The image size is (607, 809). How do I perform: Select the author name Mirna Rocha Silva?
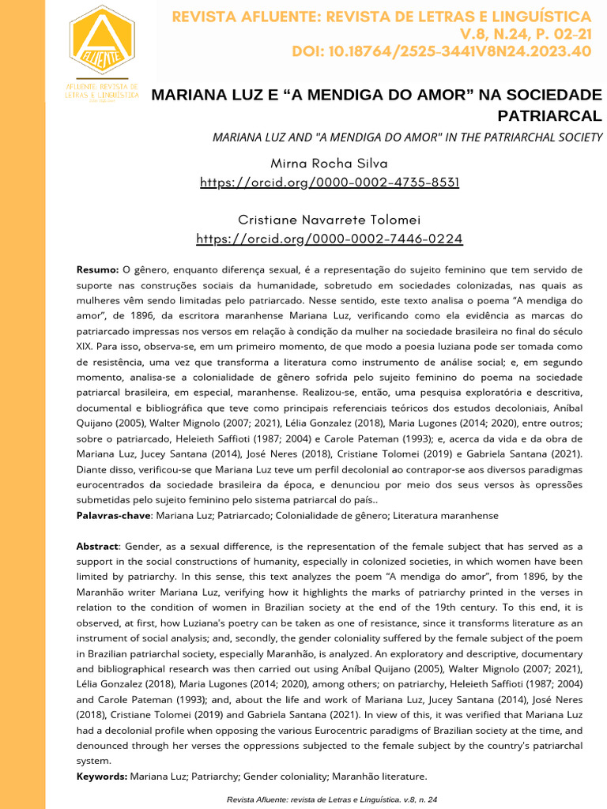[x=329, y=164]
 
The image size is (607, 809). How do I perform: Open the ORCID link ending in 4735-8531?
[x=330, y=182]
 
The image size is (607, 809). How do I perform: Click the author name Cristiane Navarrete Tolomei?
[x=329, y=220]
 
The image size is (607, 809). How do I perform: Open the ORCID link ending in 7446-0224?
[x=330, y=239]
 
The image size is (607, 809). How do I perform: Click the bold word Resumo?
[x=97, y=269]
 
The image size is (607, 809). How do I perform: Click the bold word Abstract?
[x=97, y=547]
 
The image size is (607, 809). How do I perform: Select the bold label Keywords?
[x=102, y=777]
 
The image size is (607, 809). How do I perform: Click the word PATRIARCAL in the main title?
[x=549, y=116]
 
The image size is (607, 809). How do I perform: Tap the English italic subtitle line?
[x=408, y=137]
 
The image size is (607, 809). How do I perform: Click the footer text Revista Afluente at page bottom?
[x=262, y=800]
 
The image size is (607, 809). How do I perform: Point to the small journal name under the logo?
[x=102, y=90]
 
